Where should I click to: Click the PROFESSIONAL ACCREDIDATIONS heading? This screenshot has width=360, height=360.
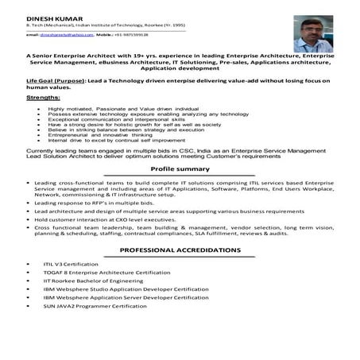(x=180, y=250)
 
